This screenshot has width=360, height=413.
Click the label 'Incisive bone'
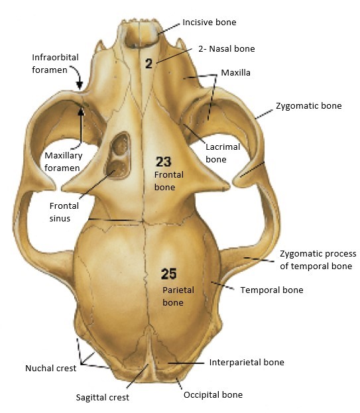pos(210,23)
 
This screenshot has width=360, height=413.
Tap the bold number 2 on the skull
pos(149,64)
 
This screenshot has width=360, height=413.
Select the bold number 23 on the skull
pos(164,162)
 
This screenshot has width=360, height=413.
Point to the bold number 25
pos(168,274)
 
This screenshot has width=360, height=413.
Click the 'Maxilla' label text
pos(236,73)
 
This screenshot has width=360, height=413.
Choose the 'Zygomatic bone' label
pos(309,106)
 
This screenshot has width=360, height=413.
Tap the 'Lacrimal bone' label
pos(223,153)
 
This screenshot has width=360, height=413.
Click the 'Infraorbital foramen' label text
pos(55,64)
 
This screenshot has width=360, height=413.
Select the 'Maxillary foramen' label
pos(63,162)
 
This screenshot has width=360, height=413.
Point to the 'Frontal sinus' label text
pos(64,212)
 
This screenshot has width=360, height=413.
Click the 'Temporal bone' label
pos(272,290)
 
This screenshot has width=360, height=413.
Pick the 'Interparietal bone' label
pos(247,363)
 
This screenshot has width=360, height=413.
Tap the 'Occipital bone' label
pos(213,395)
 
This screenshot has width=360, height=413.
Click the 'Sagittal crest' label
pos(103,397)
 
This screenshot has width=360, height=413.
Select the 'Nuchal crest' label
pos(51,368)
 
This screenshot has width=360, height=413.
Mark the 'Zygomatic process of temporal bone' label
pos(318,260)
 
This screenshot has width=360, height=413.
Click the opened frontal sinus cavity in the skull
pos(118,156)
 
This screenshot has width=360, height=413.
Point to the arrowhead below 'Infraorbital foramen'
pos(80,86)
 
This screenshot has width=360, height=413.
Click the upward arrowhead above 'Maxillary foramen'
pos(81,111)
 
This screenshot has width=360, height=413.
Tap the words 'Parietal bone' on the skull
pos(178,296)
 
